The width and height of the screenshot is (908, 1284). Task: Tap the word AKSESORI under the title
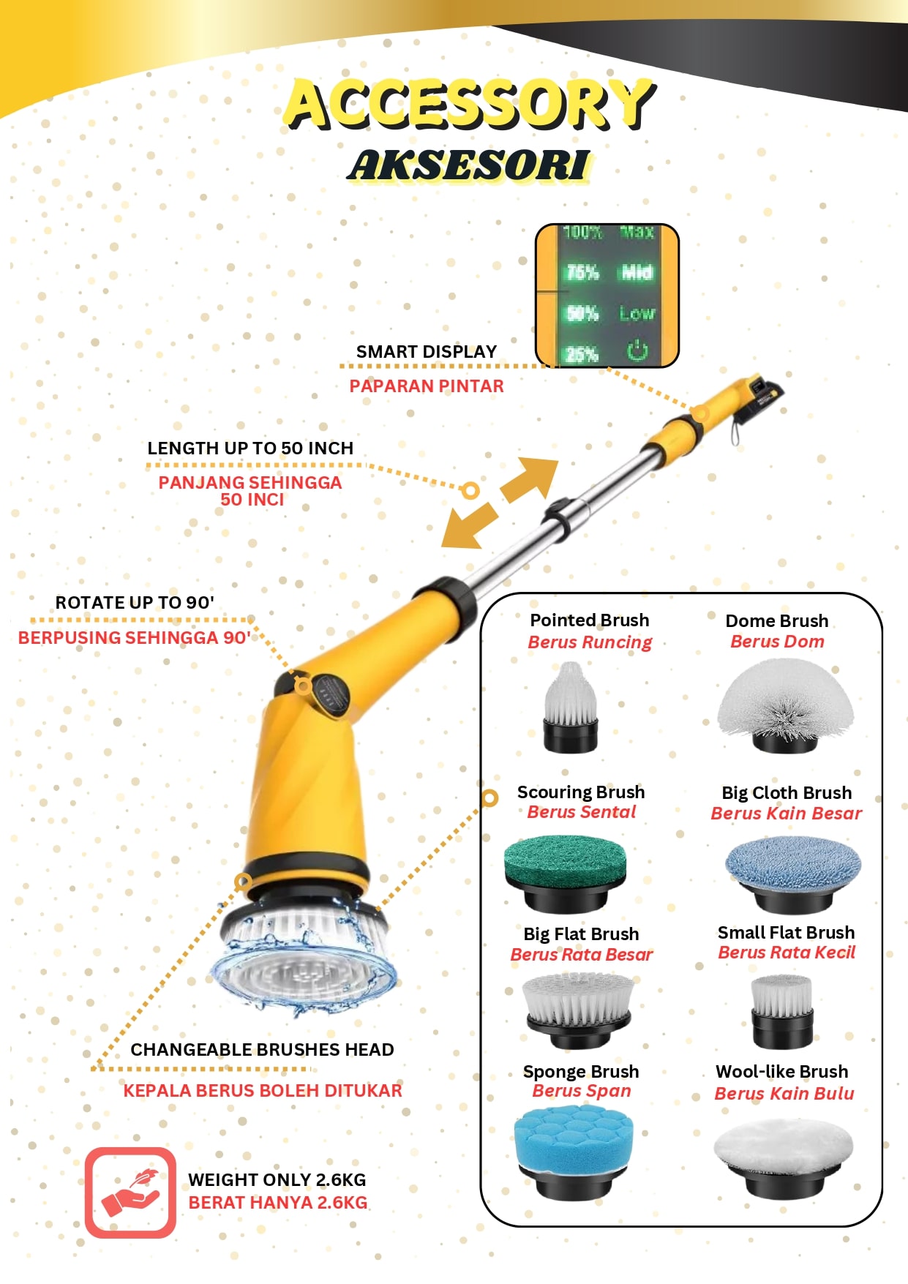click(469, 165)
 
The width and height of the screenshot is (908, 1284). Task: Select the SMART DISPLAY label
click(427, 352)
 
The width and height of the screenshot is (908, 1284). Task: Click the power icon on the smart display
click(637, 350)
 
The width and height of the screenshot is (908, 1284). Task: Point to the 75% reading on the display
click(582, 272)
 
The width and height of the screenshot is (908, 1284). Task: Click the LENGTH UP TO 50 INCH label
click(250, 448)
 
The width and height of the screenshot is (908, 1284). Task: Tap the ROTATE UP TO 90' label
click(135, 603)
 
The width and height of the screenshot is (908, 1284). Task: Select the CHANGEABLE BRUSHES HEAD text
click(262, 1050)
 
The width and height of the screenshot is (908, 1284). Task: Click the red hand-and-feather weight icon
click(130, 1193)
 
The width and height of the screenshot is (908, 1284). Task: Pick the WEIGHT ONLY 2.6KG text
click(277, 1179)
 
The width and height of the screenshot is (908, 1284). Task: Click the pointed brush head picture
click(571, 706)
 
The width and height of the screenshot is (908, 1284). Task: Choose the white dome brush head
click(785, 705)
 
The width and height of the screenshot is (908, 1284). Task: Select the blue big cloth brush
click(793, 874)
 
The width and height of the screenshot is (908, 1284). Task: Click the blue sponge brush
click(572, 1152)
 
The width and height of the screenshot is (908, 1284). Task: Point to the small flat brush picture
click(782, 1011)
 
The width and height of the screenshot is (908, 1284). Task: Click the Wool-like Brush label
click(782, 1072)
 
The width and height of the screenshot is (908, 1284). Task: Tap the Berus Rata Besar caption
click(582, 955)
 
